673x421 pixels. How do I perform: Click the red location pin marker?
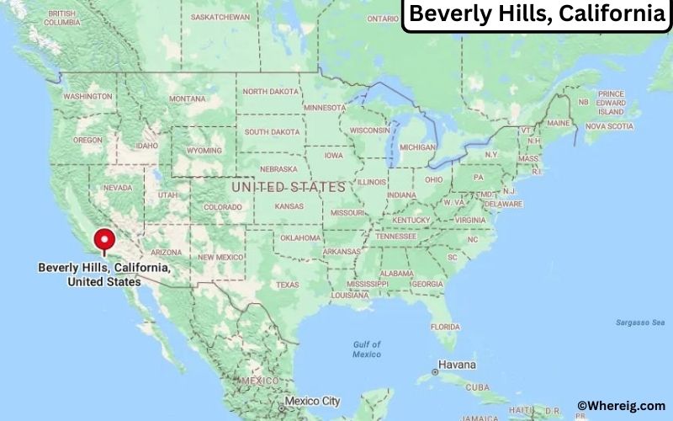pyautogui.click(x=104, y=240)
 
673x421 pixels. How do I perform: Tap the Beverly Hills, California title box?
pyautogui.click(x=536, y=15)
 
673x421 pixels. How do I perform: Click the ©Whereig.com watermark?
pyautogui.click(x=621, y=406)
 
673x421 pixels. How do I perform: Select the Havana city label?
pyautogui.click(x=457, y=365)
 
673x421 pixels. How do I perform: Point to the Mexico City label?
pyautogui.click(x=313, y=402)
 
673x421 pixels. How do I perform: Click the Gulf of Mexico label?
pyautogui.click(x=367, y=349)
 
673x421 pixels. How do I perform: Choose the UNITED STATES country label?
pyautogui.click(x=289, y=186)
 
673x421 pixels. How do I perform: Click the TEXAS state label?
pyautogui.click(x=287, y=285)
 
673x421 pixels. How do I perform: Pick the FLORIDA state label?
pyautogui.click(x=445, y=326)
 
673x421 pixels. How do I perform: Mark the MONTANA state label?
pyautogui.click(x=187, y=99)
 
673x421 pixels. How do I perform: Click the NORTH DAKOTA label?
pyautogui.click(x=271, y=91)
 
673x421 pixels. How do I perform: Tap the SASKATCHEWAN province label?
pyautogui.click(x=220, y=17)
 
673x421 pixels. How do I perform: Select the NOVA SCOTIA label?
pyautogui.click(x=608, y=126)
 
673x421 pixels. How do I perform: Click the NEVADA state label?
pyautogui.click(x=117, y=188)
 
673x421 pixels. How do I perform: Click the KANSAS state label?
pyautogui.click(x=289, y=206)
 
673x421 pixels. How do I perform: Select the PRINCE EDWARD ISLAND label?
pyautogui.click(x=611, y=103)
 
